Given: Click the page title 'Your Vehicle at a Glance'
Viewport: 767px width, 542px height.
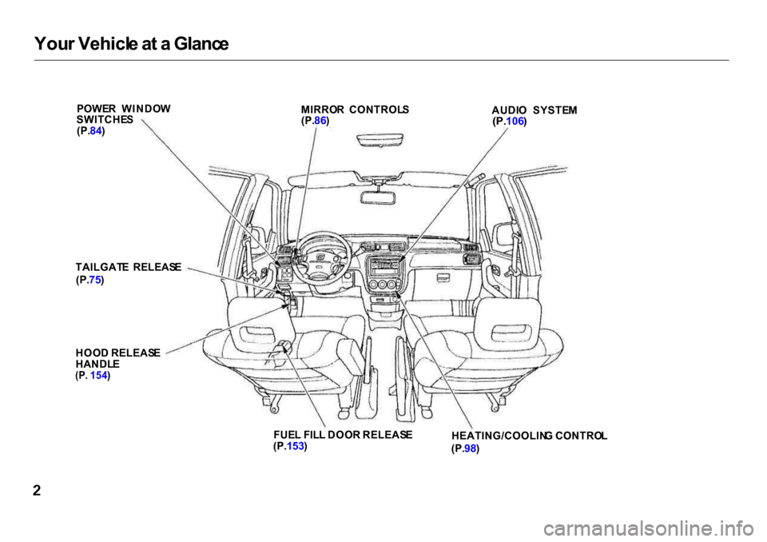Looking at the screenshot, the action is pyautogui.click(x=132, y=44).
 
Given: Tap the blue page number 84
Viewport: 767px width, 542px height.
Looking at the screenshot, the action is pyautogui.click(x=96, y=131).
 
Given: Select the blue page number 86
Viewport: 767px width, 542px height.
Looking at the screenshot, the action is pyautogui.click(x=320, y=120).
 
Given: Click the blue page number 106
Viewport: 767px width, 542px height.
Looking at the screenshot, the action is pyautogui.click(x=515, y=121).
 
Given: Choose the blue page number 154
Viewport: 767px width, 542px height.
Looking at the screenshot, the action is pyautogui.click(x=99, y=376).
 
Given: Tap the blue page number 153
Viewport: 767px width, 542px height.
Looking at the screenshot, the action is pyautogui.click(x=296, y=446).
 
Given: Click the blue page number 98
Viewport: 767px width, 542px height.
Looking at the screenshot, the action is pyautogui.click(x=470, y=448).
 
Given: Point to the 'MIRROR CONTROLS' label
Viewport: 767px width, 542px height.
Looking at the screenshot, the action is pyautogui.click(x=355, y=110).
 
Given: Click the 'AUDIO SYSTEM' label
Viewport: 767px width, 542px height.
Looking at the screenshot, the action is pyautogui.click(x=535, y=110).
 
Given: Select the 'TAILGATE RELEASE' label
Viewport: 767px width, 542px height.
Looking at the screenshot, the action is pyautogui.click(x=129, y=267).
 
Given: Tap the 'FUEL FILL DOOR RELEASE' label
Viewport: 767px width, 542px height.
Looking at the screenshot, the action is pyautogui.click(x=343, y=434).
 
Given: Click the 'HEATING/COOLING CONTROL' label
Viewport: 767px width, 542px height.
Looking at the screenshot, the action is pyautogui.click(x=529, y=436).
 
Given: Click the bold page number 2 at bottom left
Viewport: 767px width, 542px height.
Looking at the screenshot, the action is pyautogui.click(x=38, y=491).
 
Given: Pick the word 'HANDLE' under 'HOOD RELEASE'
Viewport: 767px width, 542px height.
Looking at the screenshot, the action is pyautogui.click(x=97, y=365).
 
